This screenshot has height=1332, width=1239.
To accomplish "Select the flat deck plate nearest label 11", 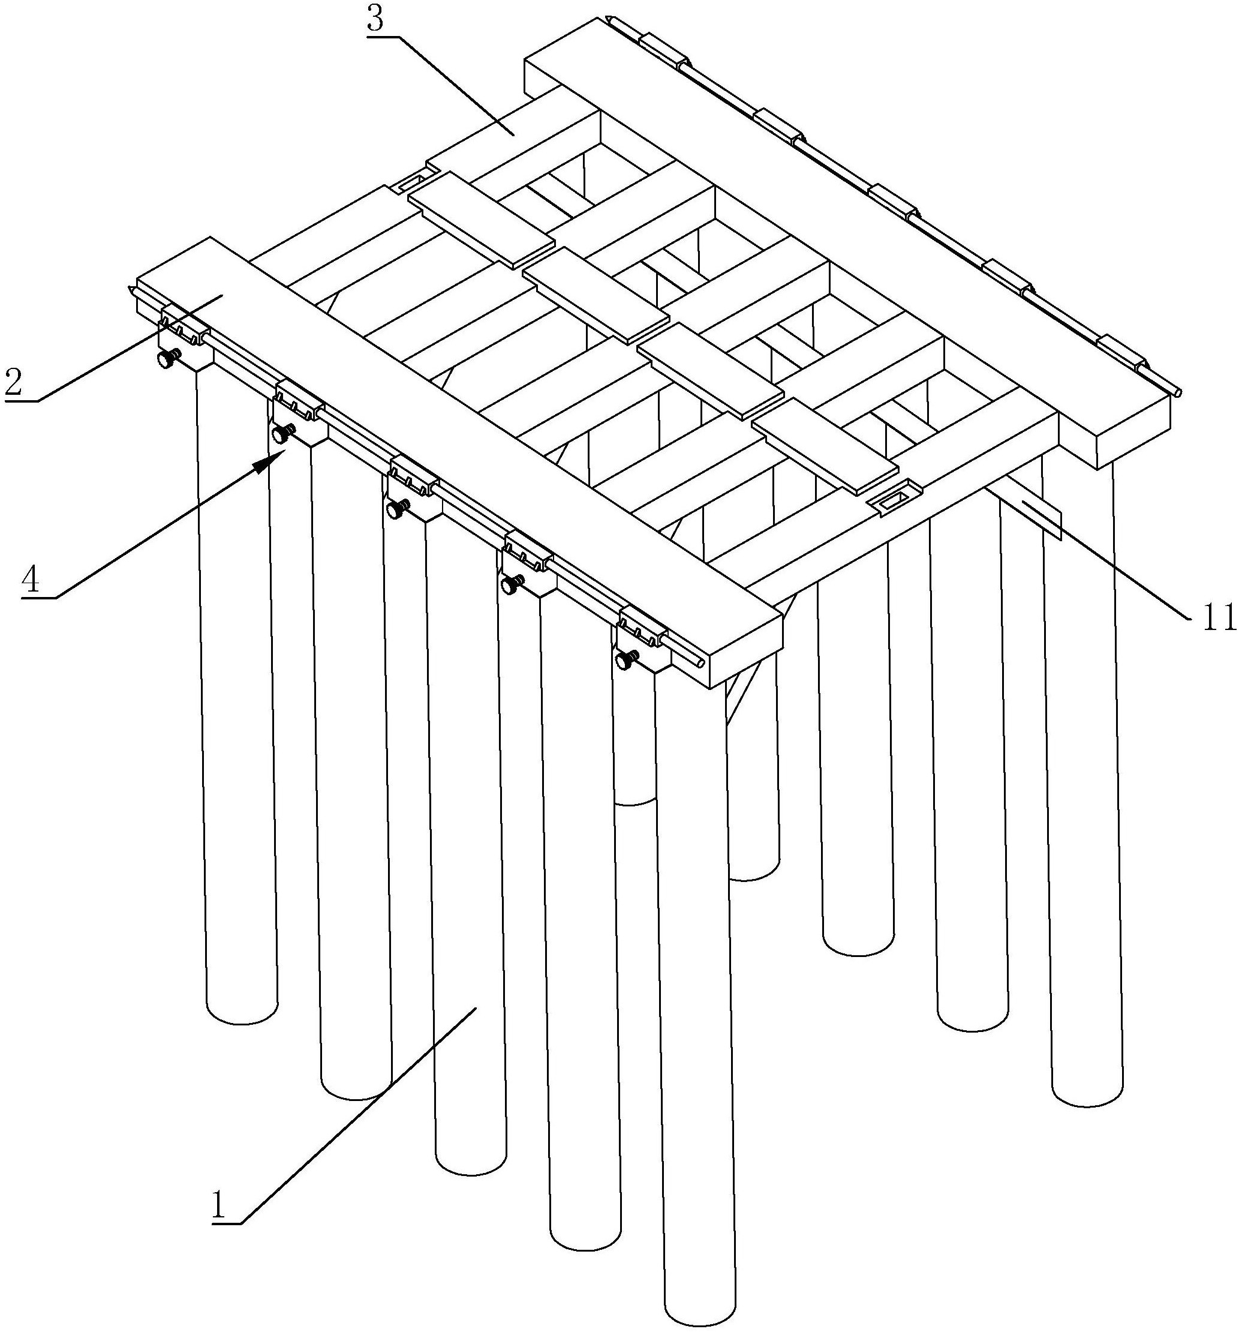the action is coord(825,448).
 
